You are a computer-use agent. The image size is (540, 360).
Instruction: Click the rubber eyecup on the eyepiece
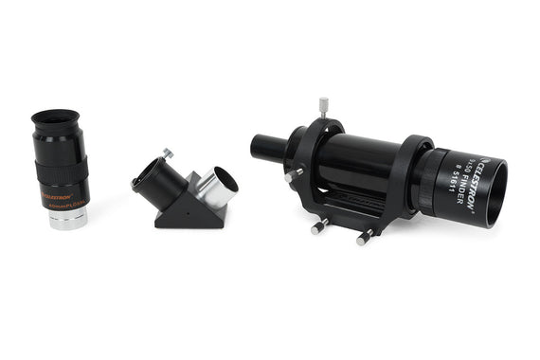click(x=55, y=121)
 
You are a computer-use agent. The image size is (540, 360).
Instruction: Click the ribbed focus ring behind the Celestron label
click(x=434, y=180)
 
